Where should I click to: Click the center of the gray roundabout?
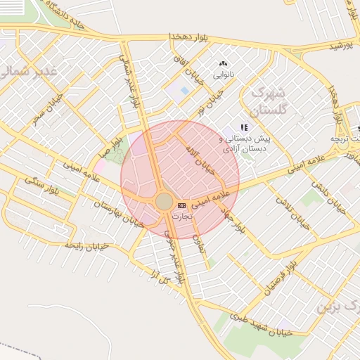tap(164, 202)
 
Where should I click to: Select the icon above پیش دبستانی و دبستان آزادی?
tap(244, 127)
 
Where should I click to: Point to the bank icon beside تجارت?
tap(181, 205)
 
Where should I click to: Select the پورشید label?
tap(340, 45)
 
